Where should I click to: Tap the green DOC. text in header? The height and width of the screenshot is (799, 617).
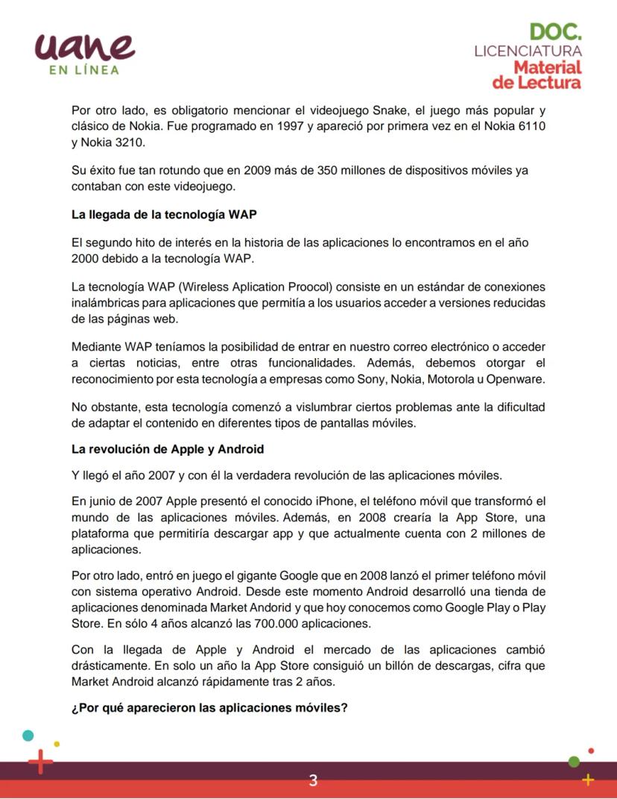tap(556, 32)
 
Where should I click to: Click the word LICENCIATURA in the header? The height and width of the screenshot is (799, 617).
tap(528, 51)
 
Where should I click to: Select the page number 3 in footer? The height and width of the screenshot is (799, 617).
tap(313, 780)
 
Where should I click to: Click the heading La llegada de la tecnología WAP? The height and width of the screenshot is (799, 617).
tap(164, 215)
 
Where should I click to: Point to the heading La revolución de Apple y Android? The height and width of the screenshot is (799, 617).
tap(168, 449)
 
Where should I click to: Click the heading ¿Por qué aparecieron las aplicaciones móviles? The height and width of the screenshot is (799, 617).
tap(209, 707)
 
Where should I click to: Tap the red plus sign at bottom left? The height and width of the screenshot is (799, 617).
tap(41, 762)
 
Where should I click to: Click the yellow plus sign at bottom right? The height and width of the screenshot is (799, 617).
tap(588, 780)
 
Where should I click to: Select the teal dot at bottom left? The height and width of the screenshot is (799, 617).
tap(28, 736)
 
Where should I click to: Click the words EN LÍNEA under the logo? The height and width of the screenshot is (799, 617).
tap(84, 70)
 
